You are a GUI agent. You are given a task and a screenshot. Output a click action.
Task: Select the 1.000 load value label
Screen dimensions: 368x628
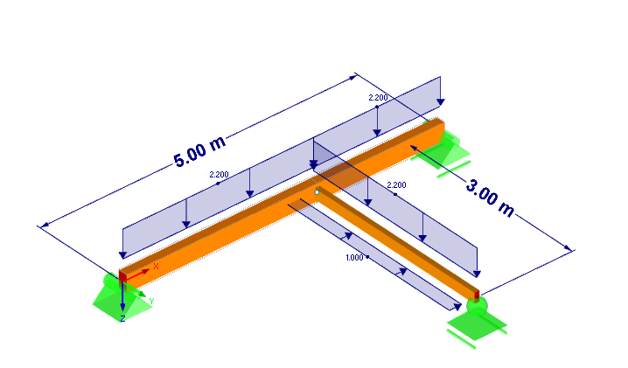(353, 258)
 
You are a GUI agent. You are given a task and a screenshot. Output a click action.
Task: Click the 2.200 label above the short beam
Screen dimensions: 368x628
(396, 185)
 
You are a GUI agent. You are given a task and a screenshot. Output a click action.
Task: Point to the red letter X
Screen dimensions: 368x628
(156, 266)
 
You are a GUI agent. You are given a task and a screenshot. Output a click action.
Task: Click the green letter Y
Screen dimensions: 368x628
(151, 301)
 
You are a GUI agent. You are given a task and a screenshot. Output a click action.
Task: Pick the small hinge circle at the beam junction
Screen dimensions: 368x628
(317, 191)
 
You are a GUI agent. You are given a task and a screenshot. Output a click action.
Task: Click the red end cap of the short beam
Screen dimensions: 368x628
(477, 294)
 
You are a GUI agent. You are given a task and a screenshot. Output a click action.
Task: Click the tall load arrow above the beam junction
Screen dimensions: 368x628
(313, 153)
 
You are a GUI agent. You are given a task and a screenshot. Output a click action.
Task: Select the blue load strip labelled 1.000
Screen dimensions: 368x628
(376, 253)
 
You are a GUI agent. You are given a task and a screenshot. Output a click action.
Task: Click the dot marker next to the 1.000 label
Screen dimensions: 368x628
(367, 257)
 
